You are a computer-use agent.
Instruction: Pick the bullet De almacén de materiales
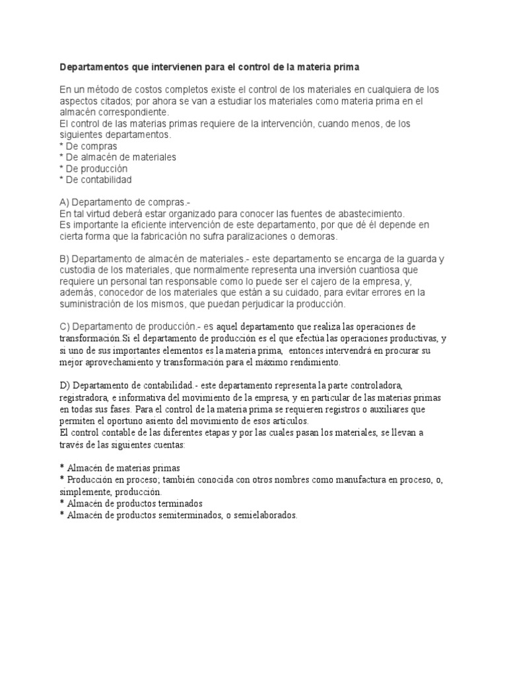(x=118, y=157)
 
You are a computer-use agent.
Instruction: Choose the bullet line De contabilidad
(x=96, y=180)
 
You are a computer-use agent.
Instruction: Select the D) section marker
(x=65, y=384)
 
